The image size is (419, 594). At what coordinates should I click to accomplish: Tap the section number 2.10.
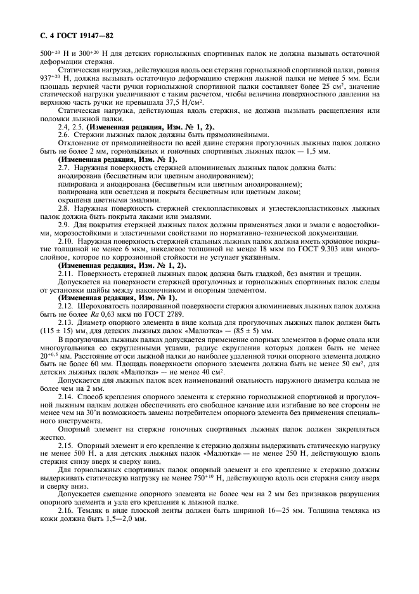point(65,242)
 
